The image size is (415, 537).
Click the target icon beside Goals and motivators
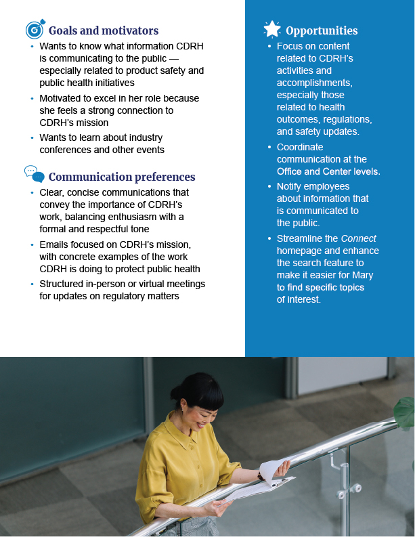[35, 30]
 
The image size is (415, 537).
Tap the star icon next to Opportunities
[271, 29]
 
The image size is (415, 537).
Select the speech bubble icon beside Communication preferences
[35, 175]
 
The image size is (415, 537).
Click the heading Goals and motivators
[104, 30]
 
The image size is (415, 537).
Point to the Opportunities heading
[322, 30]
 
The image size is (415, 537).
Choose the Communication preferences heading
[122, 177]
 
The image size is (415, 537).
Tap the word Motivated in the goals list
[61, 98]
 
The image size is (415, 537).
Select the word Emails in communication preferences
[54, 244]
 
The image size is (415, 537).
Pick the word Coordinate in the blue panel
[300, 147]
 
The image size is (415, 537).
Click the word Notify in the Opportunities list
[290, 186]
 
